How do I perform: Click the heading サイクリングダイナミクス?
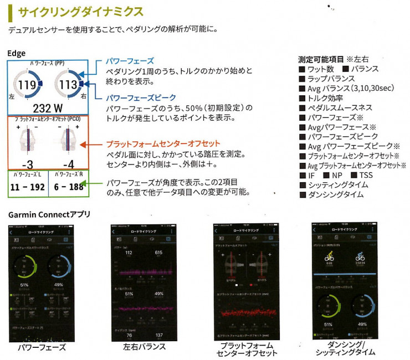click(80, 11)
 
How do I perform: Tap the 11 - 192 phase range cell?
click(27, 187)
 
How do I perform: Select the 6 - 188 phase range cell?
click(69, 187)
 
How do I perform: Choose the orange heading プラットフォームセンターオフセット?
click(163, 143)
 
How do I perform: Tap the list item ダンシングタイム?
click(335, 194)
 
